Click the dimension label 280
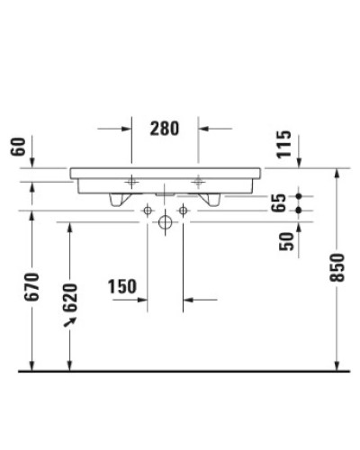(164, 128)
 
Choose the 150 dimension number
(121, 287)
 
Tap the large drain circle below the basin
(165, 221)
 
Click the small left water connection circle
(148, 210)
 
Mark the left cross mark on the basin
(131, 181)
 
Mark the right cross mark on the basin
(199, 181)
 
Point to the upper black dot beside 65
(310, 195)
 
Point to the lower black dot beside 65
(310, 210)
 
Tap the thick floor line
(180, 370)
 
